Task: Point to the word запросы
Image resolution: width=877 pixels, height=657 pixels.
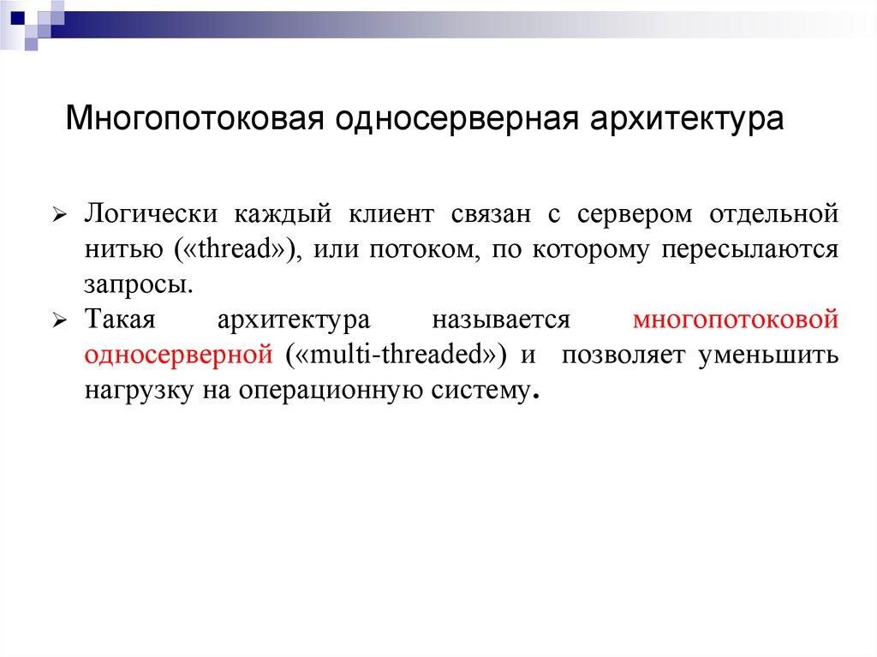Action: [133, 284]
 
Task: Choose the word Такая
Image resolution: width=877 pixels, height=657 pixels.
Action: [119, 320]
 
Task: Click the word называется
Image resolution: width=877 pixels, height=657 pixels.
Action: [501, 320]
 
